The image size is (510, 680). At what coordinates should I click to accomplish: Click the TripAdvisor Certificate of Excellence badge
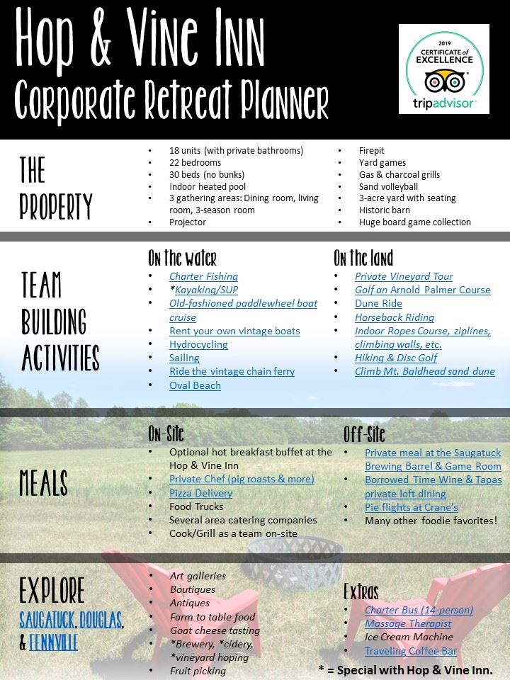[443, 69]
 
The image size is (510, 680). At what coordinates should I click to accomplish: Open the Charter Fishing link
[203, 276]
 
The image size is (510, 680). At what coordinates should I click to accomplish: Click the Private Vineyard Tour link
[404, 276]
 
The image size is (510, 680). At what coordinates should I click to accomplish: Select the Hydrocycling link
[198, 344]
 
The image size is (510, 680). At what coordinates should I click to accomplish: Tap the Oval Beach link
[195, 385]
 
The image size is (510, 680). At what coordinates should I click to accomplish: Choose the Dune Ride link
[378, 303]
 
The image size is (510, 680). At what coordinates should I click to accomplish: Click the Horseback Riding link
[395, 317]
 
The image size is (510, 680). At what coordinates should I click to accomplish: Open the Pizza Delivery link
[200, 493]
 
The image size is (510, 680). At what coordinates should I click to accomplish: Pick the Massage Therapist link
[408, 623]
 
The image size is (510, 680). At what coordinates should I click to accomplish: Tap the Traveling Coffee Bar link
[411, 651]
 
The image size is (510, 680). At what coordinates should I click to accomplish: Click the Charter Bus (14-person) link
[419, 610]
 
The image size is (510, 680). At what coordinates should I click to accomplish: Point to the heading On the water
[182, 257]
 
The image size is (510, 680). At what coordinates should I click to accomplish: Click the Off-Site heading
[364, 433]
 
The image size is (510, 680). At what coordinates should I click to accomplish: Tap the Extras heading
[361, 591]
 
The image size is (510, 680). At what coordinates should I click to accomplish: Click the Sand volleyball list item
[389, 186]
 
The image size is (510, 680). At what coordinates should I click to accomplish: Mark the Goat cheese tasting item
[215, 630]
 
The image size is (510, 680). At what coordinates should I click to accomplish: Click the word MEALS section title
[44, 483]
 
